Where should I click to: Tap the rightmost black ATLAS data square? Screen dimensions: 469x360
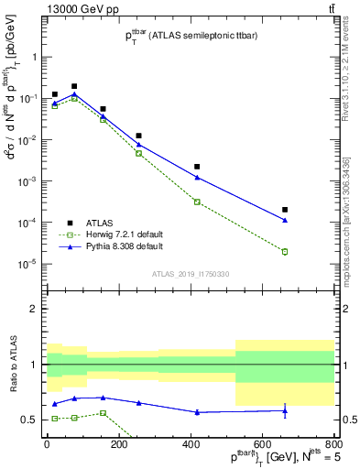tap(285, 210)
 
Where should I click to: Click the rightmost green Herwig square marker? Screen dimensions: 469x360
tap(285, 251)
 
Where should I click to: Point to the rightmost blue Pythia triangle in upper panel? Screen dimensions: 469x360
tap(285, 220)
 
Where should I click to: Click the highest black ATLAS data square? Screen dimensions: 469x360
tap(74, 86)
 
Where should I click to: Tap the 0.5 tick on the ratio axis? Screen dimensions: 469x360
tap(30, 420)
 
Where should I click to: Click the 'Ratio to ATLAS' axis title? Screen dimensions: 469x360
tap(13, 365)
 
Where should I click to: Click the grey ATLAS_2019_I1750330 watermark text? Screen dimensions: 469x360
tap(191, 274)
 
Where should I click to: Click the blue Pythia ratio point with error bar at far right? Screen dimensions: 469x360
tap(285, 411)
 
